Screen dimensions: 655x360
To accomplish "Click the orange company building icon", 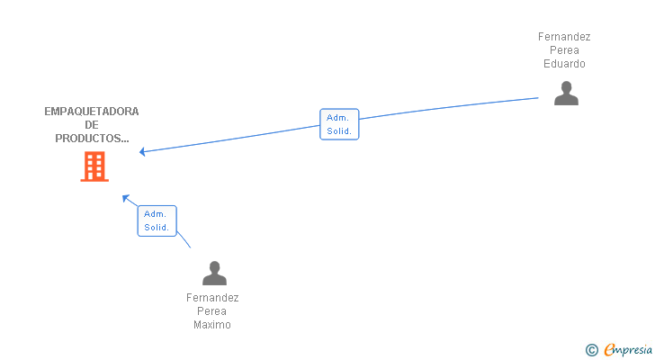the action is point(94,166).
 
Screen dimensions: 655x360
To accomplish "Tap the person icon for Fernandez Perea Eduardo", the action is point(566,93).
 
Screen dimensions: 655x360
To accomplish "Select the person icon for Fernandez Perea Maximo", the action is point(214,273).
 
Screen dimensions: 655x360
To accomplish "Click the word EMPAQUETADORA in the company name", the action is point(92,112).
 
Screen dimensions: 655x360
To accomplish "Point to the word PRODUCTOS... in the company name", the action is point(92,139).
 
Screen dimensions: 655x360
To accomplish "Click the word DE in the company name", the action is point(92,125).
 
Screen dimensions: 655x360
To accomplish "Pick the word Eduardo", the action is point(564,64).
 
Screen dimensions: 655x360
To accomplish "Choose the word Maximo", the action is point(212,325).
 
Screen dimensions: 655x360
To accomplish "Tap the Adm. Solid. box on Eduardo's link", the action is point(339,124).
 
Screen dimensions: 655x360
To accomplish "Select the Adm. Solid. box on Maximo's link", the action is point(157,220).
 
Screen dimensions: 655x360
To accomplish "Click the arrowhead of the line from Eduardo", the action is point(142,151).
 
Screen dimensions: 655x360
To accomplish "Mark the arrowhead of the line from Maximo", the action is point(125,197).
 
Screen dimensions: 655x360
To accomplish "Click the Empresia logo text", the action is point(628,350).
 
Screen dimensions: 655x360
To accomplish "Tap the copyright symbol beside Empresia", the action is point(591,350).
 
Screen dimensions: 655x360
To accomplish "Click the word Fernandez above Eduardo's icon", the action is point(564,37).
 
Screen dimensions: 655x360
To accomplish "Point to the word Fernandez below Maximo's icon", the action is point(212,298).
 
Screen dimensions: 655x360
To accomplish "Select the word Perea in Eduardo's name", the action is point(564,50).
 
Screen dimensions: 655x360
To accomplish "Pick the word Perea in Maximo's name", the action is point(211,311).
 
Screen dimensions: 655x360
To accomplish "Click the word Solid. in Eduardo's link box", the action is point(339,131).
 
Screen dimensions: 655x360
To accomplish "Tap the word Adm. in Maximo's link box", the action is point(155,214).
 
